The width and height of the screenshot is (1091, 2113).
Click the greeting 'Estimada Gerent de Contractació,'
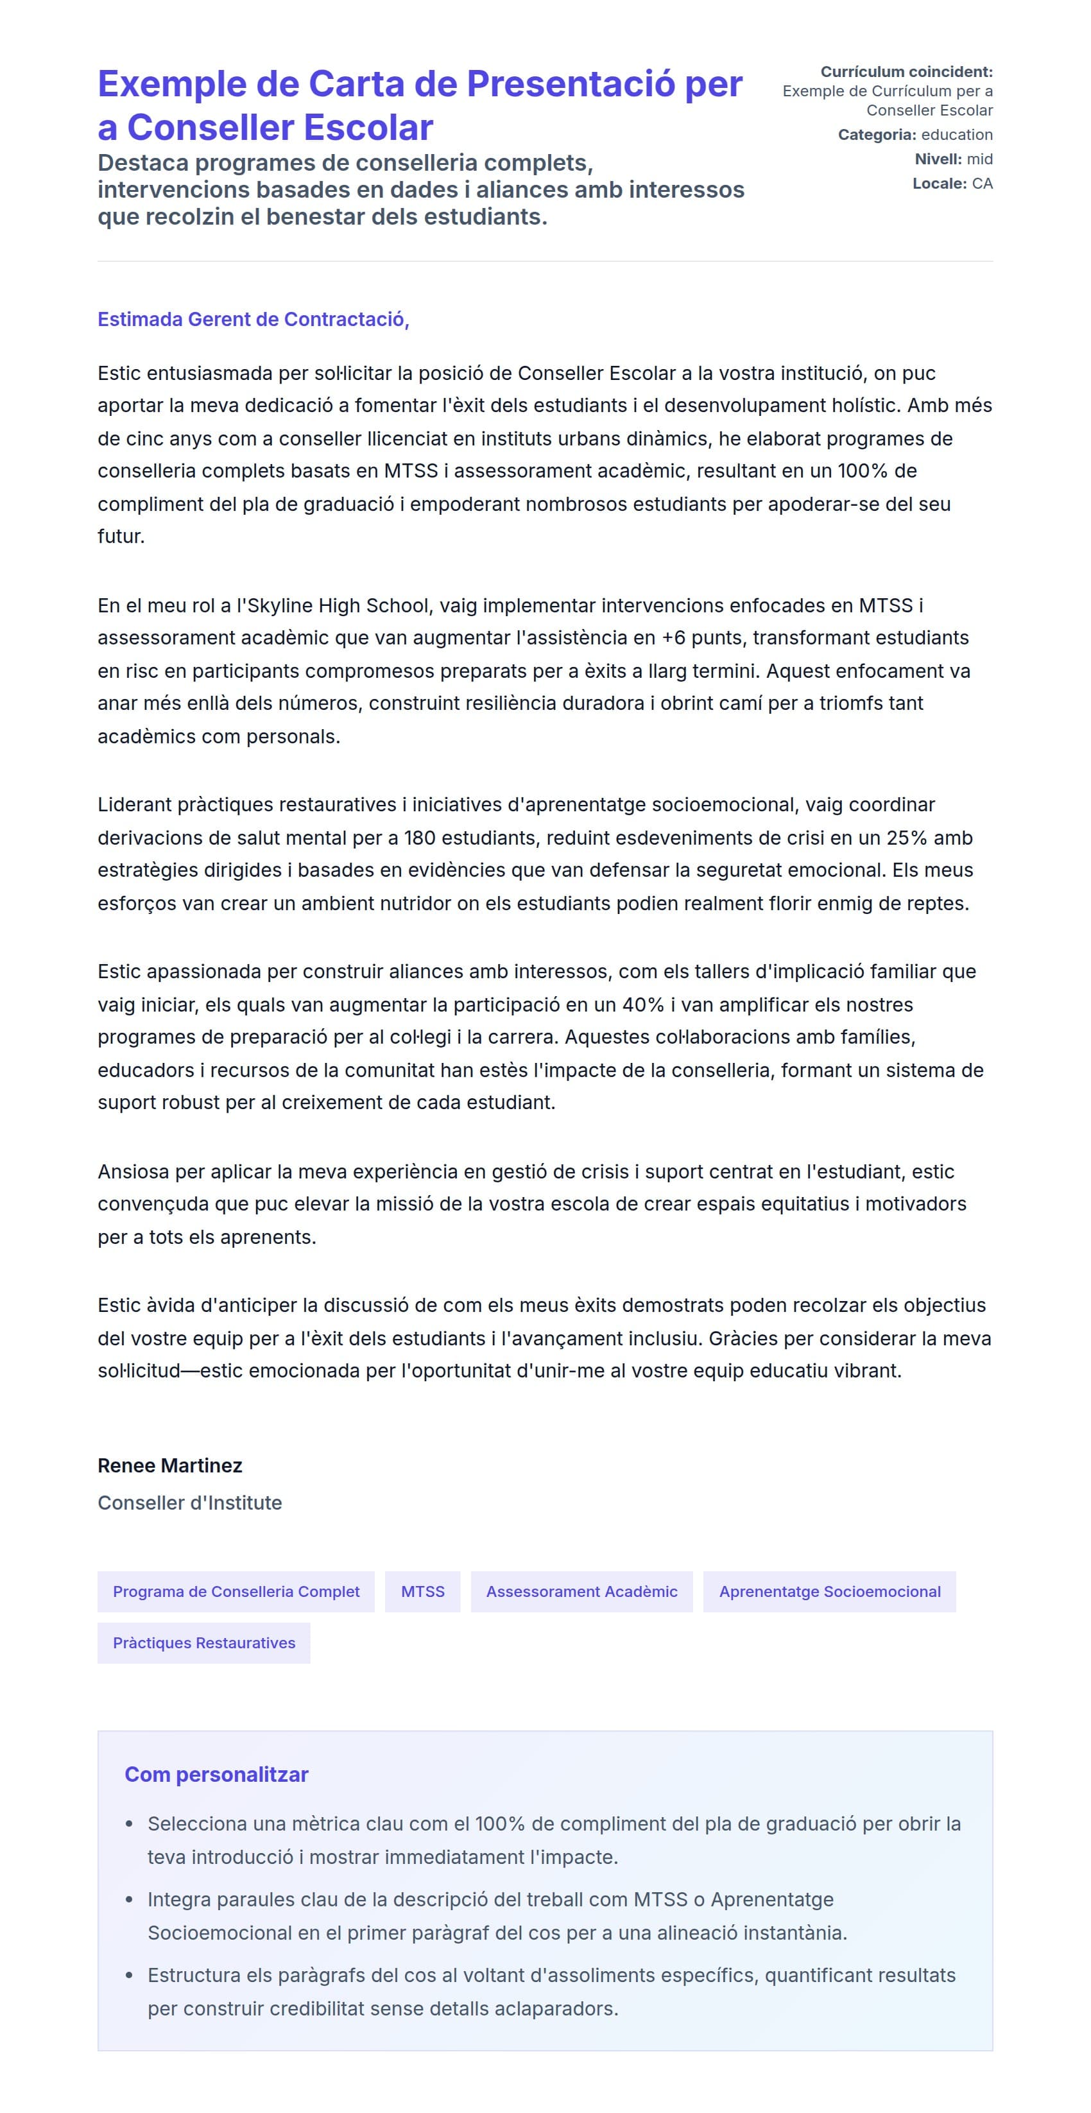coord(253,319)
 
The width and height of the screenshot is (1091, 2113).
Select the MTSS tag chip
coord(422,1591)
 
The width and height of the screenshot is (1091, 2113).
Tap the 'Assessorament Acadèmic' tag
coord(581,1591)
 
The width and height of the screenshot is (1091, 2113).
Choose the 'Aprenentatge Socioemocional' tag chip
coord(829,1591)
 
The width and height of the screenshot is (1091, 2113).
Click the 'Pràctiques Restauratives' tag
coord(203,1643)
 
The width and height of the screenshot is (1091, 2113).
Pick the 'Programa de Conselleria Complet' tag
coord(236,1591)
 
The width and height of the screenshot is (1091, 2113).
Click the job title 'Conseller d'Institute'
coord(189,1503)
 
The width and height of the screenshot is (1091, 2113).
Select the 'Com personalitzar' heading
coord(216,1774)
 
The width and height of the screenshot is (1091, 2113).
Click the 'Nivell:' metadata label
coord(938,159)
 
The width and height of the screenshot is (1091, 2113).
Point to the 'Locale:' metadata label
coord(940,184)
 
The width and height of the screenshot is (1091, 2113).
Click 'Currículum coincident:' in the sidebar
coord(906,72)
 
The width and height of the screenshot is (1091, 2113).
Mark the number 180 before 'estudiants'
coord(419,838)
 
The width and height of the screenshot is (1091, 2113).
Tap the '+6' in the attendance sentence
coord(673,638)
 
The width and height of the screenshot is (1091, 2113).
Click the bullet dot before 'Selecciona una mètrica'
coord(129,1824)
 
